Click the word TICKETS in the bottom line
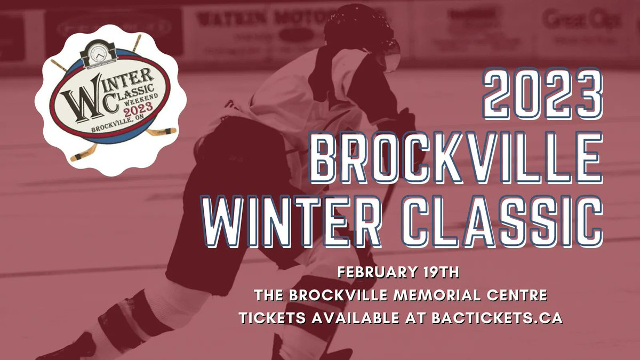click(x=271, y=317)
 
